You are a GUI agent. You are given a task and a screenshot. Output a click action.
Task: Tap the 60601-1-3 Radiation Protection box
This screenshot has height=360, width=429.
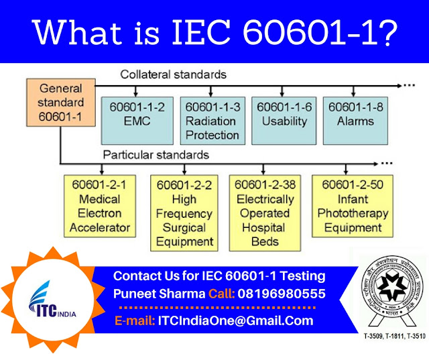(x=212, y=121)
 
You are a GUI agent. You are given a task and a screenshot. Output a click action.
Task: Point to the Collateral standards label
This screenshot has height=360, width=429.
(x=173, y=74)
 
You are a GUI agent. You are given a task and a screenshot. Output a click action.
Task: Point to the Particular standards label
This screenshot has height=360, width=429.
(x=156, y=155)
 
